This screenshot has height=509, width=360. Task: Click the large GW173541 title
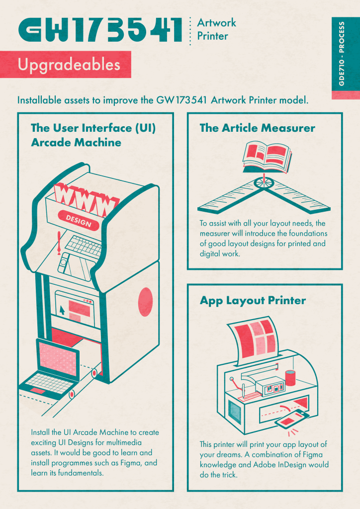[x=100, y=29]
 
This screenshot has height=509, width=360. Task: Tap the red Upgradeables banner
[x=66, y=64]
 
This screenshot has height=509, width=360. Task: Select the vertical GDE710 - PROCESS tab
[x=342, y=54]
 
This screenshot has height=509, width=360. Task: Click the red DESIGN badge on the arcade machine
[x=78, y=220]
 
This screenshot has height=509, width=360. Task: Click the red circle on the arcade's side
[x=145, y=302]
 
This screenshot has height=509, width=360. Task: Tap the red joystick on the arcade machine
[x=59, y=243]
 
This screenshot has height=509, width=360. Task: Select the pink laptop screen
[x=59, y=358]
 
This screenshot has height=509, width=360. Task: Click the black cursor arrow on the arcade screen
[x=62, y=310]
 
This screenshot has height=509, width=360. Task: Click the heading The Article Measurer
[x=257, y=128]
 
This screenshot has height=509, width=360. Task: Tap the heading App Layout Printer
[x=253, y=300]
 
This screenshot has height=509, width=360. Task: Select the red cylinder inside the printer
[x=290, y=378]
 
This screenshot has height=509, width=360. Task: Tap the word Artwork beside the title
[x=216, y=23]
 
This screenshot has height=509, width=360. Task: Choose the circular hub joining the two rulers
[x=264, y=183]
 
